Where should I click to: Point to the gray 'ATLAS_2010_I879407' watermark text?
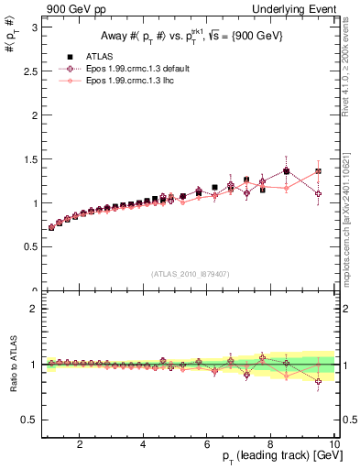click(190, 274)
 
